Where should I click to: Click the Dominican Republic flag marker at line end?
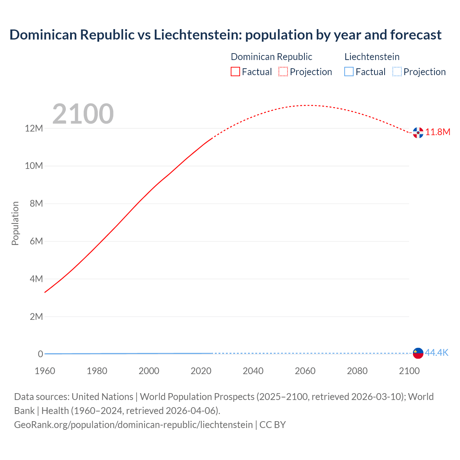418,133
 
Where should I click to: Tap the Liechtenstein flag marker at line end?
418,353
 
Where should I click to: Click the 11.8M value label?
438,132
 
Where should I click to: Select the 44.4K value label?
437,353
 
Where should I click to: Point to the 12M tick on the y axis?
34,128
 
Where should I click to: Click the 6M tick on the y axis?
36,241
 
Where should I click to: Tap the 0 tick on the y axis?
40,354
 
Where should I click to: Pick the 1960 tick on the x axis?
45,371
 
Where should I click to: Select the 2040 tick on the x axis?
253,371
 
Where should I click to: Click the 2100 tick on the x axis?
409,371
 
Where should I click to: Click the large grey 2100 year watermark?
83,114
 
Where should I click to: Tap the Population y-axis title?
15,223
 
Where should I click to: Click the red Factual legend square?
235,72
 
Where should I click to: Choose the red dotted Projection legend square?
283,72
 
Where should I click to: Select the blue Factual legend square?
349,72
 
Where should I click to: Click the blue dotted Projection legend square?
397,72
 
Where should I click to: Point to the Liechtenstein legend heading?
372,57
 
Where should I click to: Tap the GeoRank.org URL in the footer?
133,425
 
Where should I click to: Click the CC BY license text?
272,425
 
